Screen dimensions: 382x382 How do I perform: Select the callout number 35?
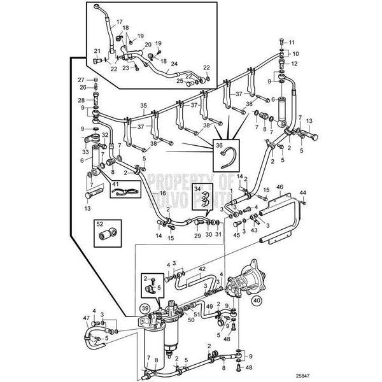coord(143,105)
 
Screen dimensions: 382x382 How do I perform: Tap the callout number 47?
coord(85,317)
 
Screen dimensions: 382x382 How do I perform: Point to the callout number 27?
coord(81,80)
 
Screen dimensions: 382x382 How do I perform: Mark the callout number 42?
coord(202,269)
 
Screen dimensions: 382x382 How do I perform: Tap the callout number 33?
coord(85,152)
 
